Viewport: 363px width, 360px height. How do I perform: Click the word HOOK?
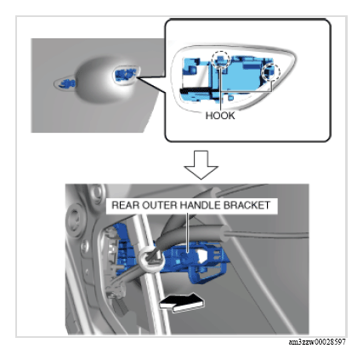pyautogui.click(x=220, y=116)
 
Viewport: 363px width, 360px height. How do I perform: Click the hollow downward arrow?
pyautogui.click(x=201, y=164)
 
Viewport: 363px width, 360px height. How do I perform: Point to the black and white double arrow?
pyautogui.click(x=181, y=302)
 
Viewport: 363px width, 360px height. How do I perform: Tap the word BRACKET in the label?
pyautogui.click(x=247, y=205)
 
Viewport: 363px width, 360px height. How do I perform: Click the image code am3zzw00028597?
pyautogui.click(x=317, y=342)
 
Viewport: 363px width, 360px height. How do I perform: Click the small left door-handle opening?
pyautogui.click(x=65, y=83)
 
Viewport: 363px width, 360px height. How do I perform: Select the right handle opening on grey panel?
pyautogui.click(x=127, y=74)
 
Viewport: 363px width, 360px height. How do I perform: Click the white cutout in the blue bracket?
pyautogui.click(x=202, y=255)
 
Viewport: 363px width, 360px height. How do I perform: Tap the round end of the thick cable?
pyautogui.click(x=224, y=232)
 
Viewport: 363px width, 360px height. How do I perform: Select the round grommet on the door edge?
pyautogui.click(x=75, y=219)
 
